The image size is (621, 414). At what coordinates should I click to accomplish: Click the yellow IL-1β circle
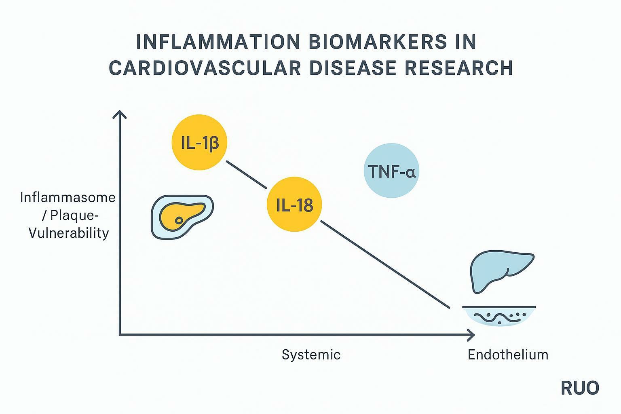(199, 142)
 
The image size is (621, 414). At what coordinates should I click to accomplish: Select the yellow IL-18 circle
(294, 205)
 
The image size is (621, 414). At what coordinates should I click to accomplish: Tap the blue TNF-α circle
(391, 171)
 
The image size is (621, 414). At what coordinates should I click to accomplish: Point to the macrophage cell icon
(182, 216)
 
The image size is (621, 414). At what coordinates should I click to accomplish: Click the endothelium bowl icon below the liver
(499, 315)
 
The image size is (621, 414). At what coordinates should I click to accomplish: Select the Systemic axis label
(311, 355)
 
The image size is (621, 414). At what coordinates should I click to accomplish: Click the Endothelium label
(508, 355)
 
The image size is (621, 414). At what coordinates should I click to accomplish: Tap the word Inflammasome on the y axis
(68, 198)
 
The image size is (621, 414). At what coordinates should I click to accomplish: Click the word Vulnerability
(69, 233)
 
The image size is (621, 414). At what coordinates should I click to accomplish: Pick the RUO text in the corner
(580, 388)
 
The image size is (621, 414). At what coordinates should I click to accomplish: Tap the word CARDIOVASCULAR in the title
(205, 68)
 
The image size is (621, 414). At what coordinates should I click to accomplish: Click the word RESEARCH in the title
(459, 68)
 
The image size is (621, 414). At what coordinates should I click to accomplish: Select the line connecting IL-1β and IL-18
(247, 175)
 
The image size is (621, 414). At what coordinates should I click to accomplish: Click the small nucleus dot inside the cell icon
(179, 220)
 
